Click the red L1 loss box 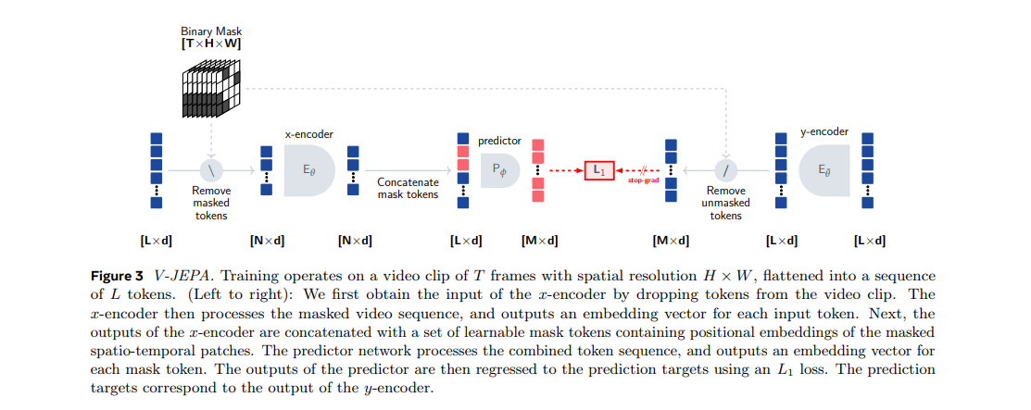[598, 171]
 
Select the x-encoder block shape [309, 170]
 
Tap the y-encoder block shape [823, 170]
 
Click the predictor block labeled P [499, 171]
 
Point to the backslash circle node [212, 170]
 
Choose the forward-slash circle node [725, 170]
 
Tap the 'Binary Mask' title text [211, 31]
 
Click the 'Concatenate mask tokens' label [408, 189]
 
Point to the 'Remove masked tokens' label [211, 203]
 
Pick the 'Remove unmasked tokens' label [725, 203]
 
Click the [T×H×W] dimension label [212, 43]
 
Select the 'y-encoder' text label [824, 131]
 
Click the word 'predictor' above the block [499, 141]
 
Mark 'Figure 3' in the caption [116, 277]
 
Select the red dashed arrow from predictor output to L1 [564, 171]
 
